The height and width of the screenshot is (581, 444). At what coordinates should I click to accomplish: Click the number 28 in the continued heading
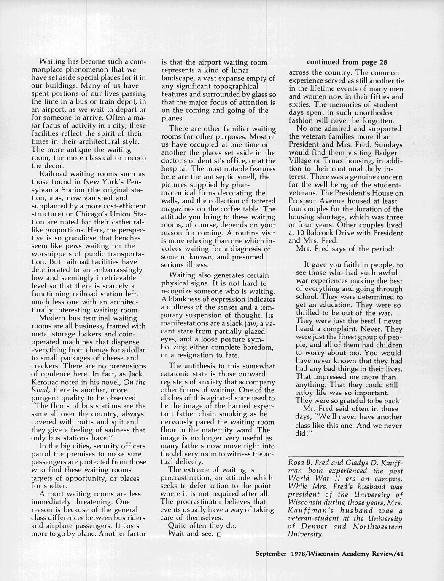point(383,62)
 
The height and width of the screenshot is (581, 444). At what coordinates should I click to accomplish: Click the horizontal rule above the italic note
point(345,456)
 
